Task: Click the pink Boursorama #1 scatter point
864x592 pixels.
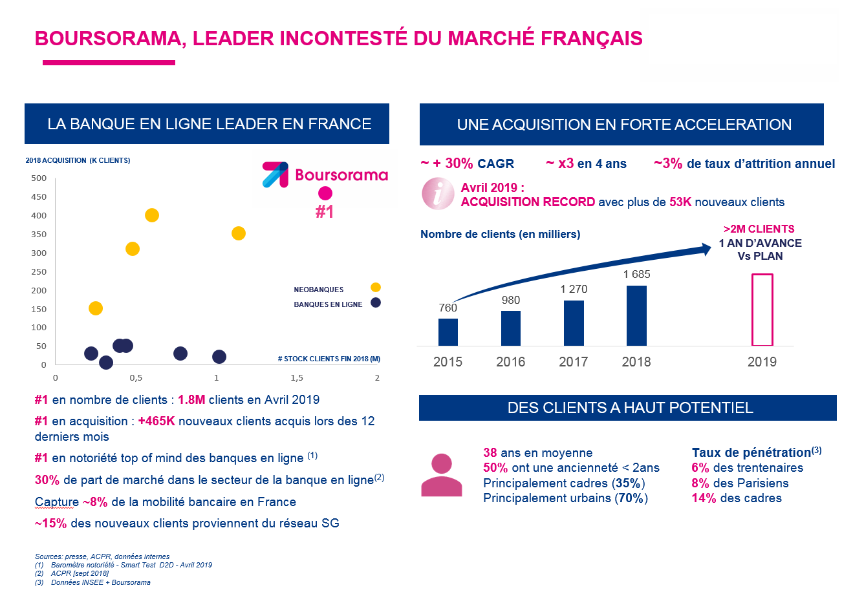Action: [x=325, y=193]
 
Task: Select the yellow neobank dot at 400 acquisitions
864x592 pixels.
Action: [x=152, y=215]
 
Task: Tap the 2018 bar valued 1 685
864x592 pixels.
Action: [x=636, y=315]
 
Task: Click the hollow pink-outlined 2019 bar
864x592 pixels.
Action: [x=762, y=310]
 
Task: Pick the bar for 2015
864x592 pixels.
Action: [x=448, y=332]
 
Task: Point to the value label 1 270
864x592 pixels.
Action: [x=574, y=289]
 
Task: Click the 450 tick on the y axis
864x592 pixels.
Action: [x=39, y=197]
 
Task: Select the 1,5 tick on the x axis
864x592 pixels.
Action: [x=297, y=377]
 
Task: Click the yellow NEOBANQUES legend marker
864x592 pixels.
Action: [x=376, y=288]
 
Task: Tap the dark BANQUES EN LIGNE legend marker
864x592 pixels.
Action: [x=376, y=302]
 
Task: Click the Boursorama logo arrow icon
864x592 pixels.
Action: [x=275, y=174]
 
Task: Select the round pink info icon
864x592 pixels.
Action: [x=438, y=193]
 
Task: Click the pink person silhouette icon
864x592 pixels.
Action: [x=442, y=475]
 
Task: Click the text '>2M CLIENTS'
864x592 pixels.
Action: [x=759, y=229]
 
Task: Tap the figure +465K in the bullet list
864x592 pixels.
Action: [x=157, y=421]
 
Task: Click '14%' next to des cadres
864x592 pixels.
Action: [x=704, y=498]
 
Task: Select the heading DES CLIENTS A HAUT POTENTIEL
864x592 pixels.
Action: [x=630, y=408]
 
